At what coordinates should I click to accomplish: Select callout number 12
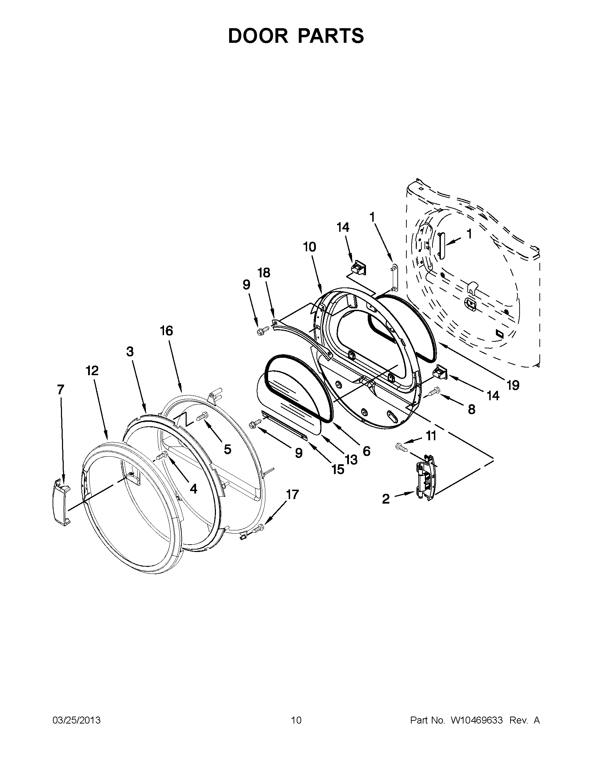(x=92, y=370)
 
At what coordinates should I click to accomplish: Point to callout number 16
(x=167, y=331)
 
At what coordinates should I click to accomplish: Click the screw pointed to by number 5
(x=201, y=417)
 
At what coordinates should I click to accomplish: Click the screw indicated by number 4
(x=162, y=456)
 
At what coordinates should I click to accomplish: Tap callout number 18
(x=264, y=273)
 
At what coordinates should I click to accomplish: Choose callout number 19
(x=513, y=386)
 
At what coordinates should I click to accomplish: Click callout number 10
(x=310, y=247)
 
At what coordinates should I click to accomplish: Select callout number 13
(x=351, y=459)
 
